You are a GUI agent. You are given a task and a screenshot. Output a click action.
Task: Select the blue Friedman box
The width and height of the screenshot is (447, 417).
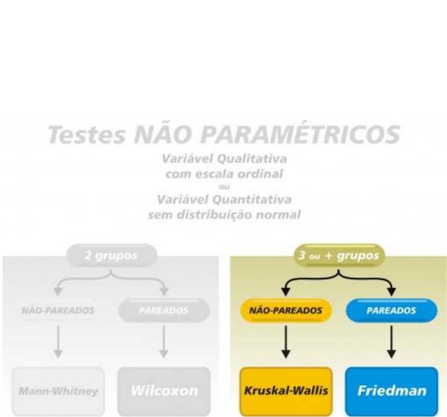(x=392, y=391)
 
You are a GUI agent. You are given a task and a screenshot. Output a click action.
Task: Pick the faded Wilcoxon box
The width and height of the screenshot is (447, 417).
(x=164, y=391)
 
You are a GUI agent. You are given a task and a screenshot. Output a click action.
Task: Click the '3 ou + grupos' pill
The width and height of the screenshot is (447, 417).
(x=339, y=255)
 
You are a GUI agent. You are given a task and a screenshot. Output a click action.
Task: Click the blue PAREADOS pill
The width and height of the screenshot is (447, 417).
(x=392, y=311)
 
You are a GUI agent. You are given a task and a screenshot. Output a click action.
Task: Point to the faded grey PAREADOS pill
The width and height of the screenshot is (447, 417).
(x=164, y=311)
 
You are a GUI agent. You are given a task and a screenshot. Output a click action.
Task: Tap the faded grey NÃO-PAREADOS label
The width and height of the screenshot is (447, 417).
(x=56, y=311)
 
